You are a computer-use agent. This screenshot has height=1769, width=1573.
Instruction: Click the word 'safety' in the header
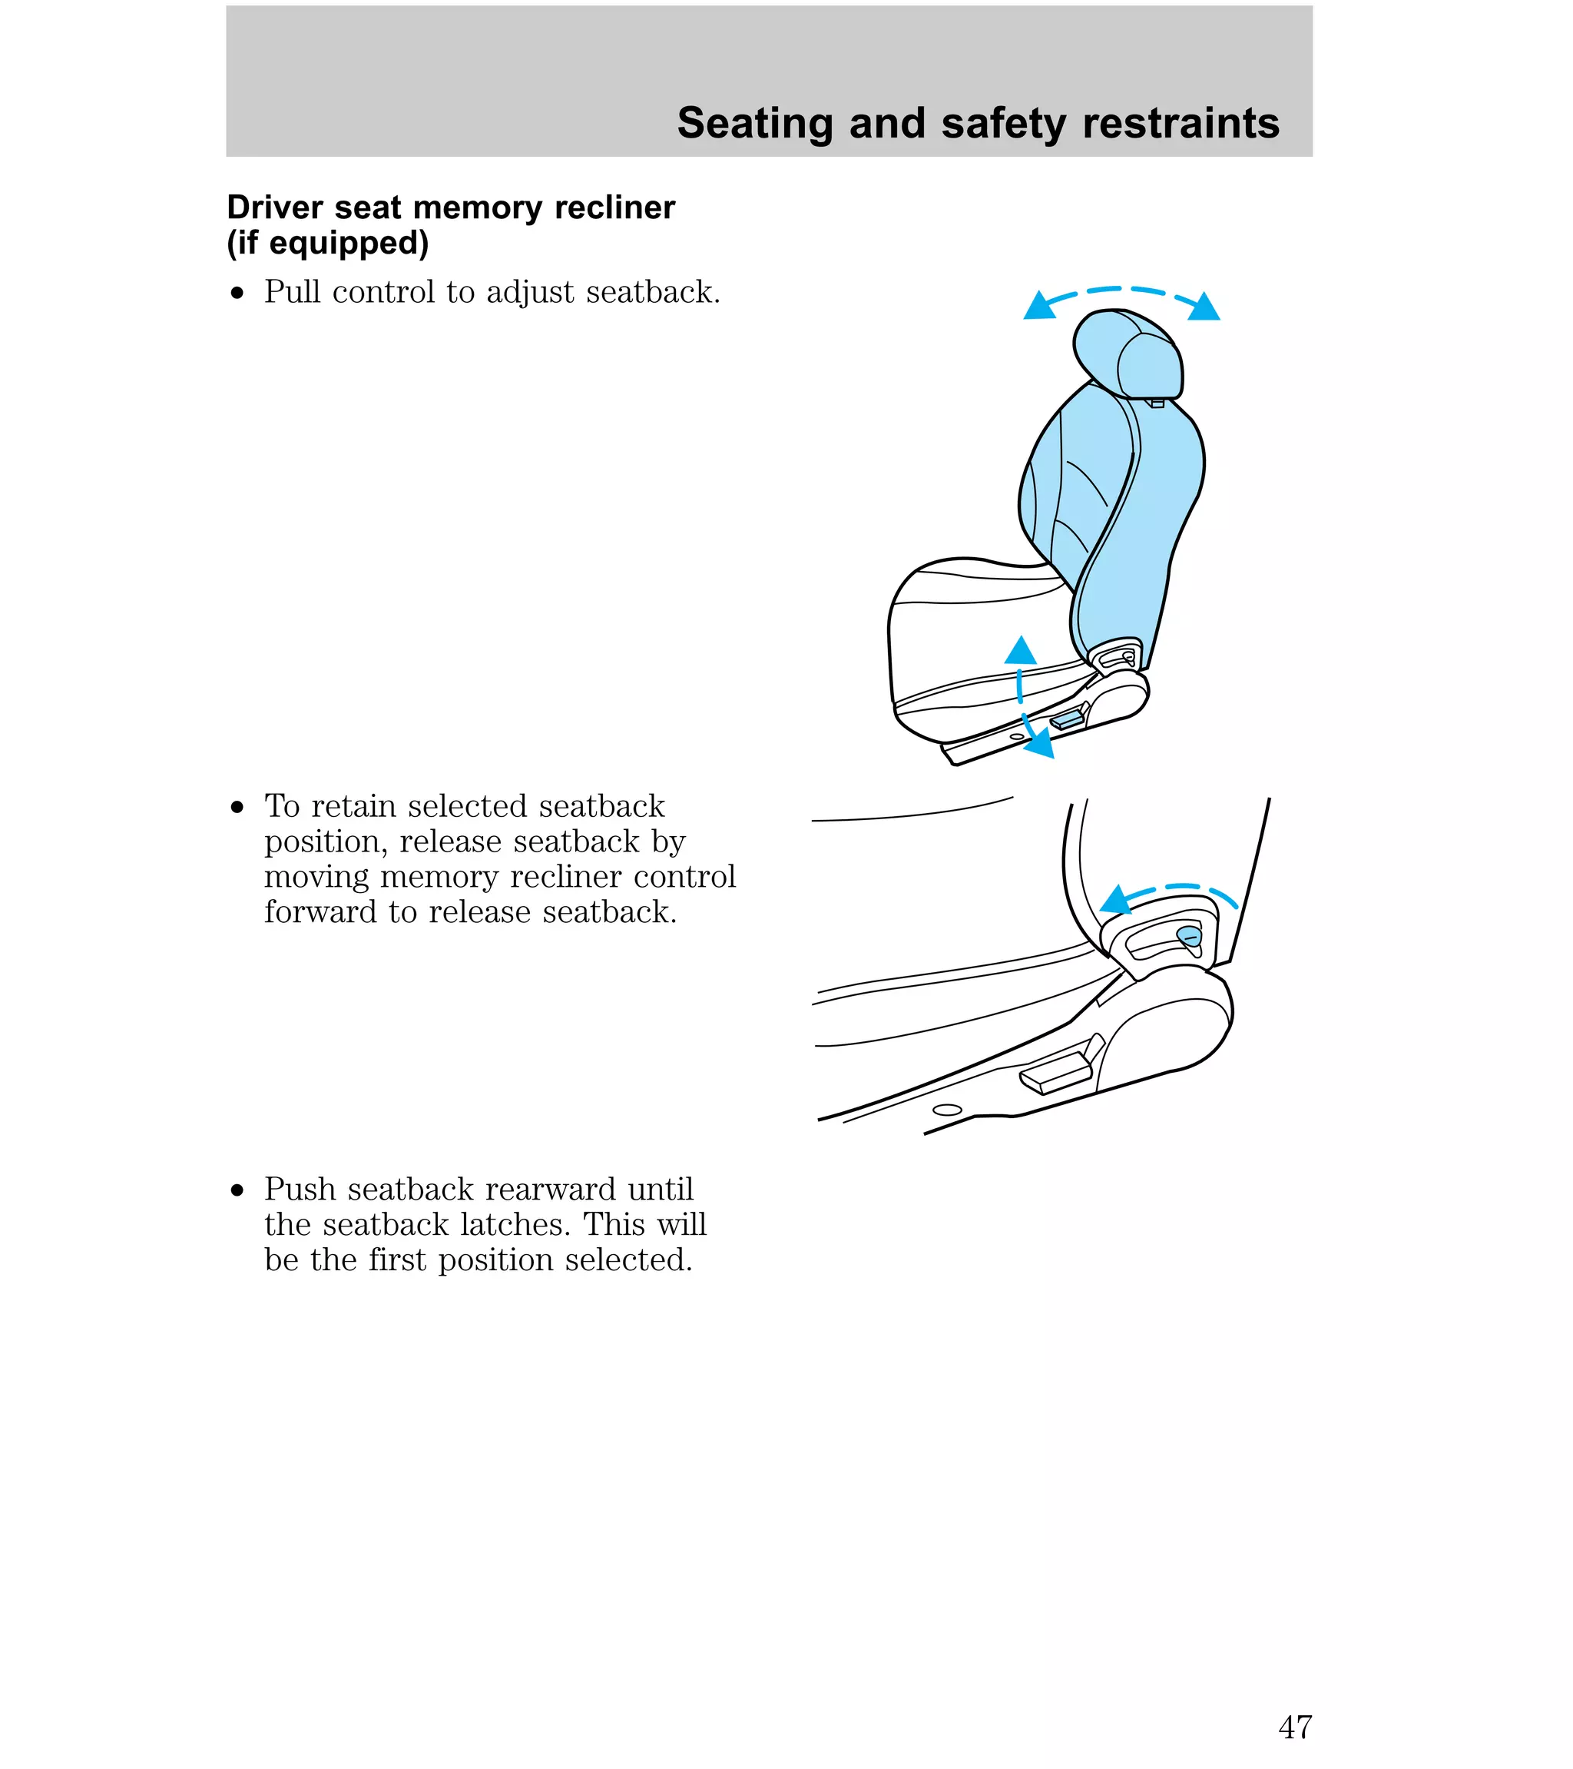pos(1003,124)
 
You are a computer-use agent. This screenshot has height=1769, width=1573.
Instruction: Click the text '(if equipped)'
pos(327,243)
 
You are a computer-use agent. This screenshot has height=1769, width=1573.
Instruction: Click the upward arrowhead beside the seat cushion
pos(1021,651)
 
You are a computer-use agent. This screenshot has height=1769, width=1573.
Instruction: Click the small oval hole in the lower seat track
pos(948,1110)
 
